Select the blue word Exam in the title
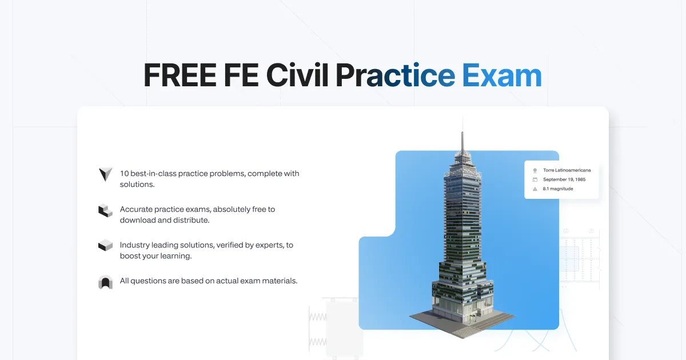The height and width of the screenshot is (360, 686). coord(501,75)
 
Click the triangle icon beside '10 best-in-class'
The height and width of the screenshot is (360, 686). coord(105,174)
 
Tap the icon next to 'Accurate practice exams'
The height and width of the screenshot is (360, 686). coord(105,210)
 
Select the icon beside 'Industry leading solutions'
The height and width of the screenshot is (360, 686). coord(105,246)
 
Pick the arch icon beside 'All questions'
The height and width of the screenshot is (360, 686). coord(105,282)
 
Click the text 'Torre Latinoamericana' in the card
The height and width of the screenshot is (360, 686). coord(567,170)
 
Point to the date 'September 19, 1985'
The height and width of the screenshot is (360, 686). coord(564,179)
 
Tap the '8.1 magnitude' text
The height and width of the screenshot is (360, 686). coord(558,189)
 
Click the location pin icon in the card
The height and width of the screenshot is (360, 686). coord(535,170)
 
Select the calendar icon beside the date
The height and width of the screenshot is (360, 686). coord(535,179)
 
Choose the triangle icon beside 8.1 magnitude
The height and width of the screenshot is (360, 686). coord(535,189)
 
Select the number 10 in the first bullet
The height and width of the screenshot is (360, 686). coord(124,174)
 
